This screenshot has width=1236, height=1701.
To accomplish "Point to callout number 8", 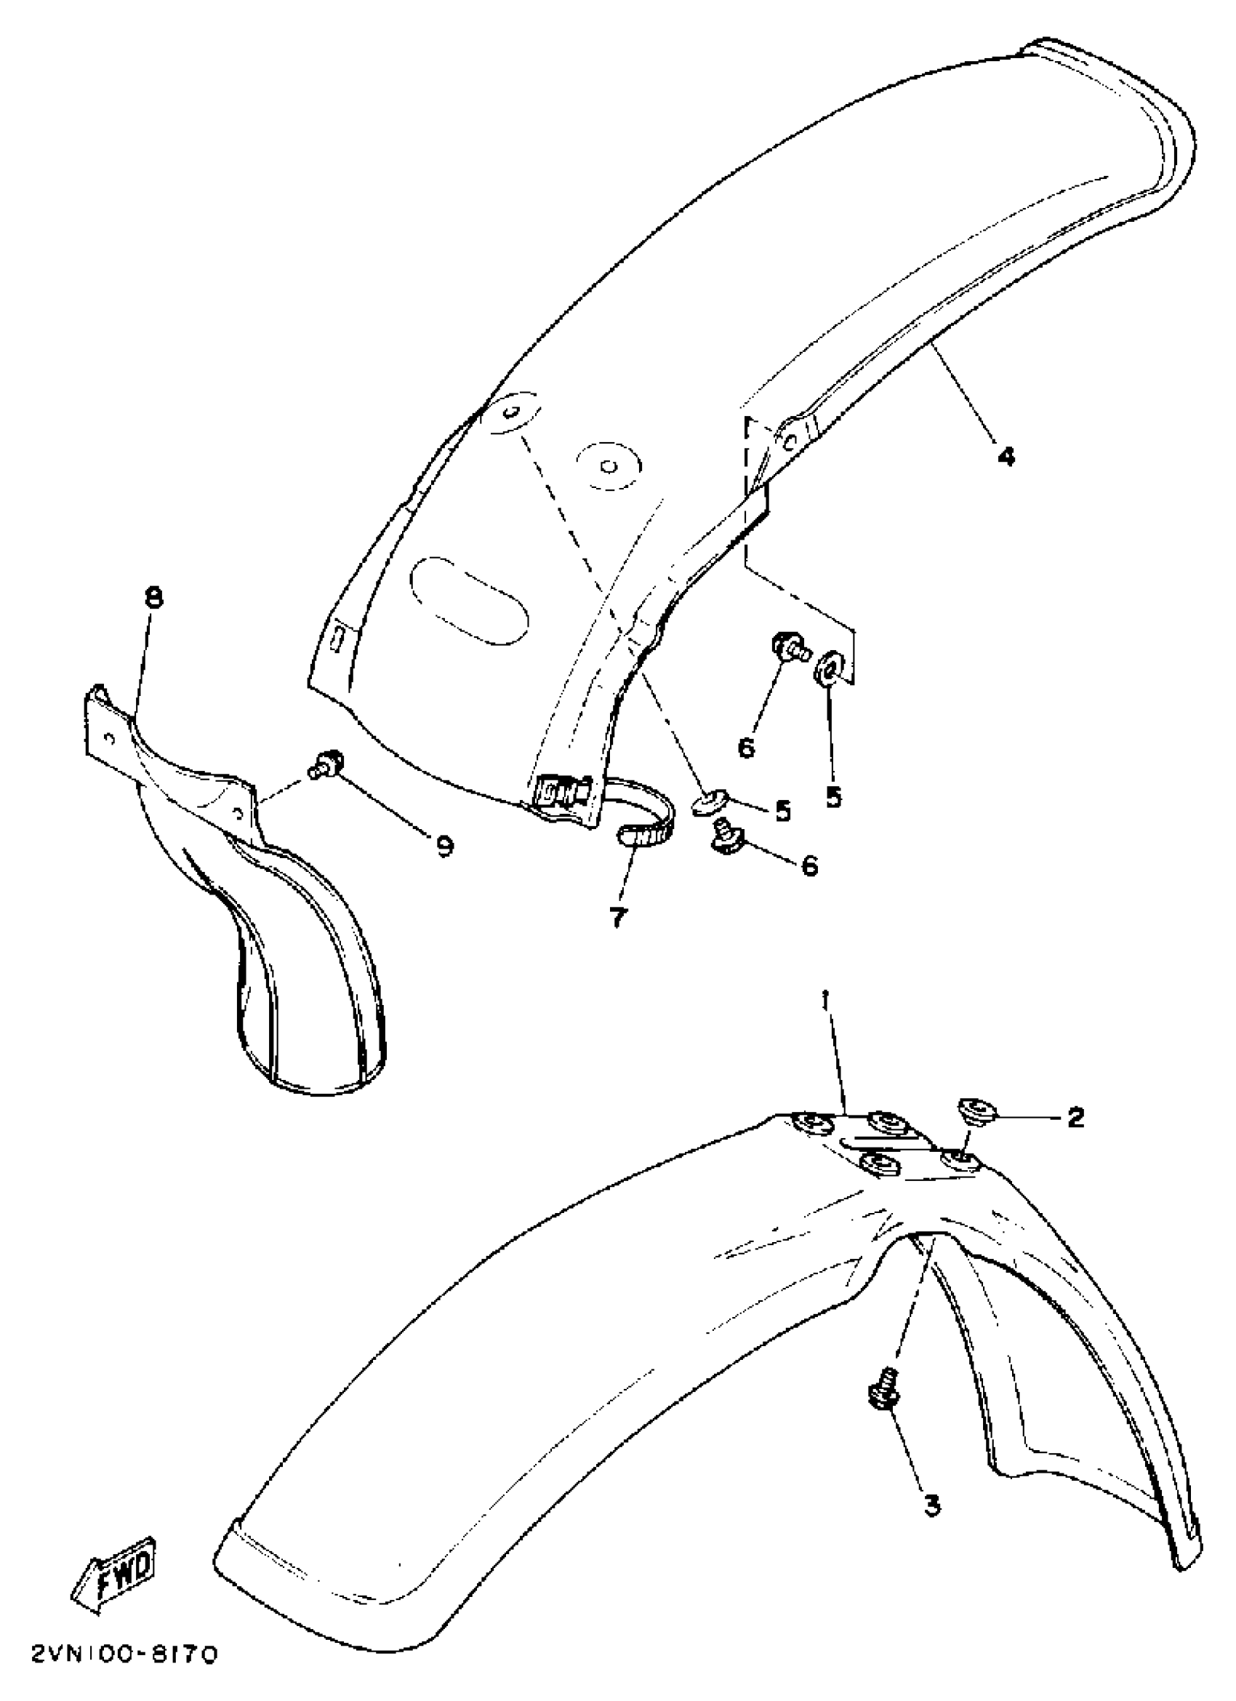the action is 153,598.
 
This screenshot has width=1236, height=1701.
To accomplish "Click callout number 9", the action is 444,847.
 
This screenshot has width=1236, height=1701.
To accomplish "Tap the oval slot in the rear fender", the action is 469,600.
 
